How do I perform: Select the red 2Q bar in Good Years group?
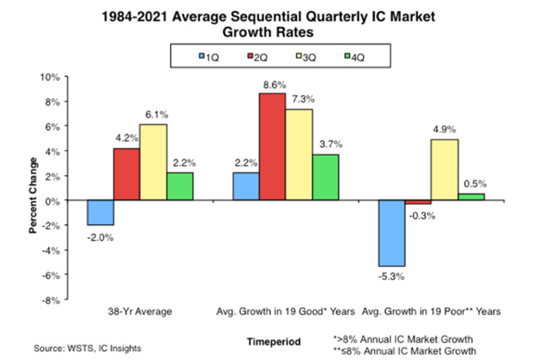tap(272, 146)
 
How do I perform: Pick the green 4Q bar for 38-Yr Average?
tap(180, 187)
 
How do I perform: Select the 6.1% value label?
tap(153, 115)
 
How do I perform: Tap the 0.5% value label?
tap(472, 184)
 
